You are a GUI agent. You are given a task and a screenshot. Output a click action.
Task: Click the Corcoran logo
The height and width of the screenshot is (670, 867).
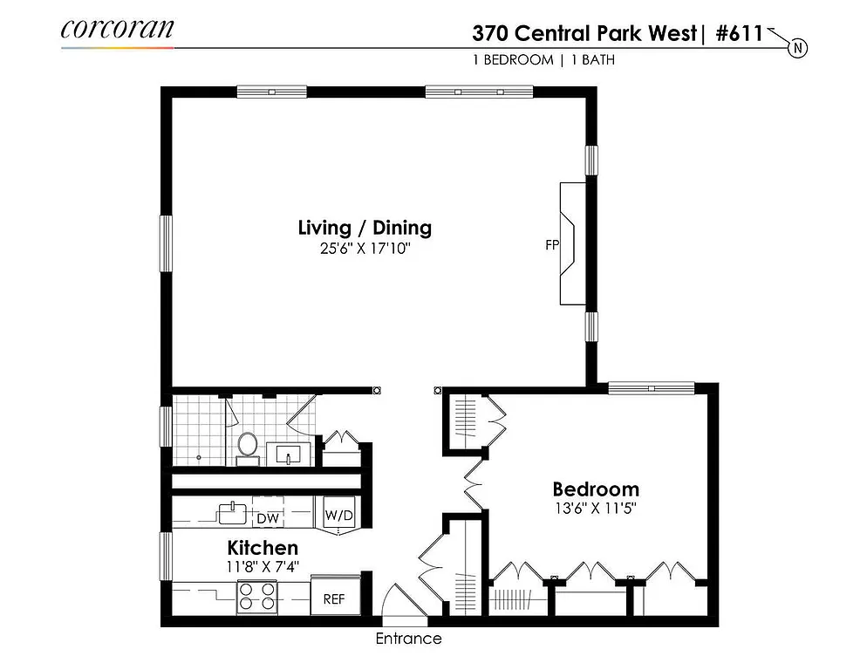pyautogui.click(x=117, y=28)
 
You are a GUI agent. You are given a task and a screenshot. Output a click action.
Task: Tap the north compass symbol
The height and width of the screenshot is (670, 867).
pyautogui.click(x=797, y=47)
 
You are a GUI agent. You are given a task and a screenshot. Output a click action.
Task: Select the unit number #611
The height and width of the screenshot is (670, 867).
pyautogui.click(x=739, y=34)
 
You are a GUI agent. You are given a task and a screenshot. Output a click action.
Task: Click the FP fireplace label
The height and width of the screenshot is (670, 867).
pyautogui.click(x=552, y=245)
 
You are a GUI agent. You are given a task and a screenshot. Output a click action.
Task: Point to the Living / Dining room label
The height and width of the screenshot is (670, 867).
pyautogui.click(x=365, y=229)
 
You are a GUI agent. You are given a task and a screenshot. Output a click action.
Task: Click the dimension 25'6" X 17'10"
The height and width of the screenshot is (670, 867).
pyautogui.click(x=365, y=250)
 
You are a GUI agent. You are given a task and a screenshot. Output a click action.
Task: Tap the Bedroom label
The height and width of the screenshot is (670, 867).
pyautogui.click(x=596, y=489)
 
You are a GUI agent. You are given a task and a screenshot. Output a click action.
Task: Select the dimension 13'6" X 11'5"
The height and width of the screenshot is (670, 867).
pyautogui.click(x=596, y=509)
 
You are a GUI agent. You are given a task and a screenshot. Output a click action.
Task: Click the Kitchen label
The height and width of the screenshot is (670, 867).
pyautogui.click(x=263, y=548)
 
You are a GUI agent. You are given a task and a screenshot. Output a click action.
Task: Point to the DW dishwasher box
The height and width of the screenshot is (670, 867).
pyautogui.click(x=268, y=518)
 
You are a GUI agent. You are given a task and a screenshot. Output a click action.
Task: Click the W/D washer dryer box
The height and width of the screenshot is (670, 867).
pyautogui.click(x=339, y=516)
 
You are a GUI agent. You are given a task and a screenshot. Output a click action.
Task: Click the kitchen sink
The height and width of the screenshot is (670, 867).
pyautogui.click(x=233, y=512)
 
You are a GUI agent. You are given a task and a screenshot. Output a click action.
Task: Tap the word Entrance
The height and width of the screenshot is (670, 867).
pyautogui.click(x=408, y=639)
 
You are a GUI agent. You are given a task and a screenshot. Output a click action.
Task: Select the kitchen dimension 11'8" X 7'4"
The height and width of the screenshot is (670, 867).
pyautogui.click(x=263, y=566)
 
